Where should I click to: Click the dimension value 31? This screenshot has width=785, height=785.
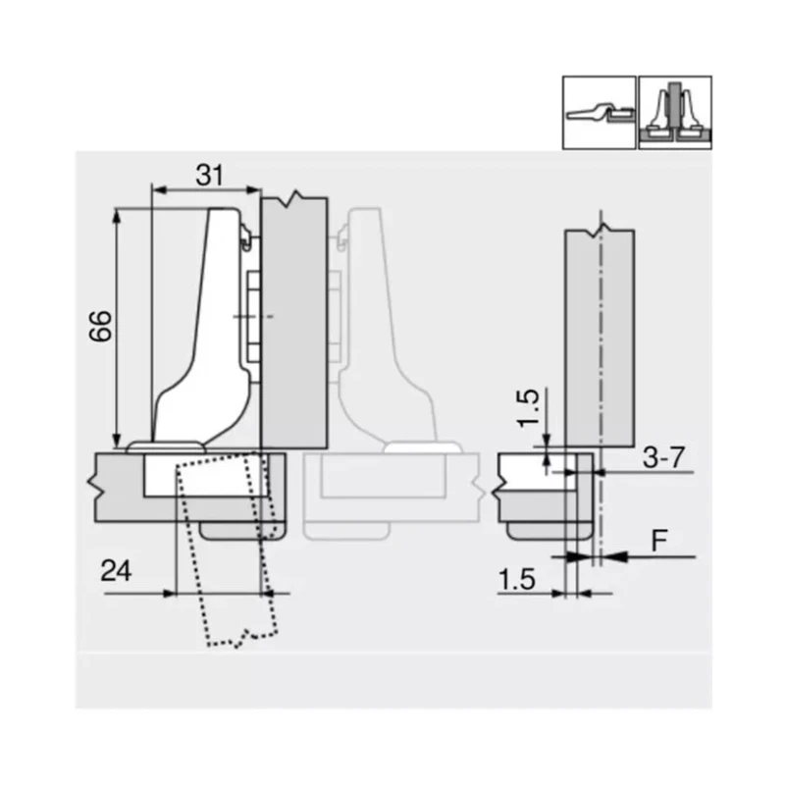point(209,175)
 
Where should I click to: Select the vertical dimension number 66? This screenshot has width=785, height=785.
point(100,326)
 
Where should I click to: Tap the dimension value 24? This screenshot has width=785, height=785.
point(116,571)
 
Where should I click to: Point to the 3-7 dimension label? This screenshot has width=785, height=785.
point(663,456)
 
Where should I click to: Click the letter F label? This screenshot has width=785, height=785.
point(658,541)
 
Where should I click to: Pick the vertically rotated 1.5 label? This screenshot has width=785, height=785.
point(528,408)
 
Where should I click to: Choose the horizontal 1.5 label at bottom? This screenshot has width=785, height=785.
point(517,579)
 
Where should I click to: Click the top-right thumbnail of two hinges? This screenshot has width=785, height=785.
point(675,113)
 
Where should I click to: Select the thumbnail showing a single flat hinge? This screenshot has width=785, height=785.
point(599,113)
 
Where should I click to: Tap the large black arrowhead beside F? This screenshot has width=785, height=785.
point(614,556)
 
